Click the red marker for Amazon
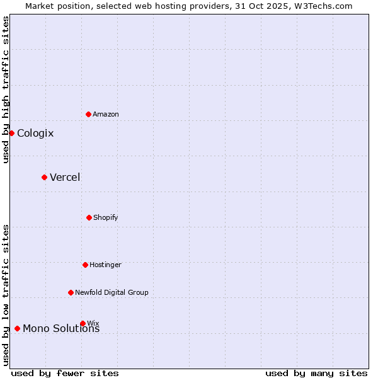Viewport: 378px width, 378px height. [x=89, y=114]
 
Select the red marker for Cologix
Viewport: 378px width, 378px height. [x=11, y=133]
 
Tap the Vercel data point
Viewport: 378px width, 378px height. [x=44, y=177]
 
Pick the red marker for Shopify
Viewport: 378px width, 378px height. [x=89, y=217]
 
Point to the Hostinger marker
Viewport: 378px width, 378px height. [x=85, y=265]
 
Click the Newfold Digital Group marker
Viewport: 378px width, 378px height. [x=71, y=292]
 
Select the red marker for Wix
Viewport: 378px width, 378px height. [x=83, y=323]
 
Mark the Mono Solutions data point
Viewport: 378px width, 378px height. [x=17, y=328]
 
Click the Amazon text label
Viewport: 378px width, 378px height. [x=106, y=114]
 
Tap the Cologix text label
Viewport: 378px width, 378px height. [x=35, y=133]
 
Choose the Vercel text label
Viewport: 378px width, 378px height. [x=65, y=177]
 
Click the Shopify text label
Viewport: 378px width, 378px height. [x=106, y=217]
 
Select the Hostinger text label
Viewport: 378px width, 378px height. [x=105, y=265]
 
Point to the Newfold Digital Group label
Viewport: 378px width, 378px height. [x=112, y=292]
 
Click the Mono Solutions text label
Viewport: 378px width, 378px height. [x=61, y=329]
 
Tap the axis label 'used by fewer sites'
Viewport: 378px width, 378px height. [x=65, y=373]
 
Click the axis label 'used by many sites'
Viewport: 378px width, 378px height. [x=316, y=373]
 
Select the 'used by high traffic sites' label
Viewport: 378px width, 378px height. [x=6, y=89]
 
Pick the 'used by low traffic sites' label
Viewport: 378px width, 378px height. [x=6, y=295]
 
